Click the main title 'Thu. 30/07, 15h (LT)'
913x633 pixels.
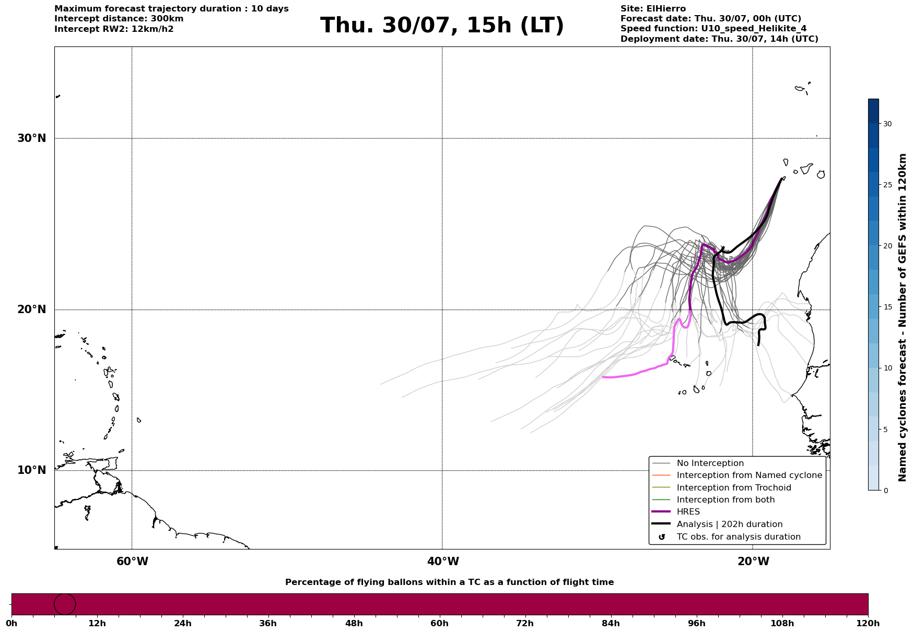pos(442,26)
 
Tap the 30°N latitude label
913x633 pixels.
pos(32,138)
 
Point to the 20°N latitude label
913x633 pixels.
pos(32,309)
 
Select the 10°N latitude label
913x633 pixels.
pos(32,470)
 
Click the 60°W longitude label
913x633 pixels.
pos(132,562)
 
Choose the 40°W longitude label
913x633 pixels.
pos(443,562)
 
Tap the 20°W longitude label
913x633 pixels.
pos(753,562)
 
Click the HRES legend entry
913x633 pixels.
pos(688,512)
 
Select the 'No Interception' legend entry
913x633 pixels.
pos(710,463)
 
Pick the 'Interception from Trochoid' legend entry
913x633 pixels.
pos(734,488)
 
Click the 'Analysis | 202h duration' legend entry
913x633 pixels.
pos(730,524)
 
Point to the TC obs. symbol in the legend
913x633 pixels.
pos(662,537)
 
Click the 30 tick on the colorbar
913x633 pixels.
pos(887,124)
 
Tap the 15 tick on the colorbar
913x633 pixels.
pos(887,307)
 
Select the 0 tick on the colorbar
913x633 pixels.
pos(885,491)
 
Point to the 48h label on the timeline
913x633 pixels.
pos(354,624)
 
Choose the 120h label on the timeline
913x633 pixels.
pos(868,624)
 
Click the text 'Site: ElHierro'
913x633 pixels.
pos(653,9)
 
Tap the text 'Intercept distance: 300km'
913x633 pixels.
pos(119,19)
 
